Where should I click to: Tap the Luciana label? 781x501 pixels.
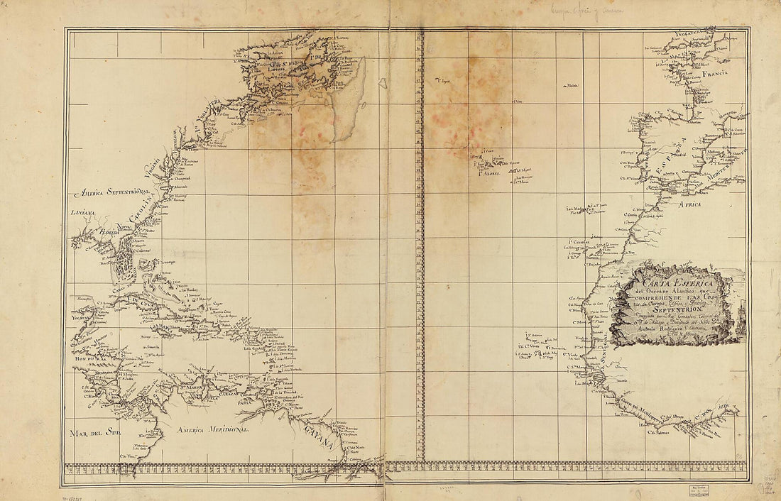(82, 212)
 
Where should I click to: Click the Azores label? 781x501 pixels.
(489, 173)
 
